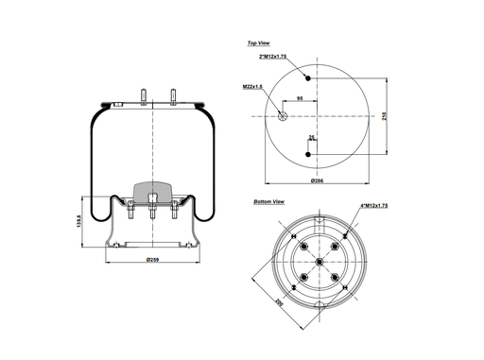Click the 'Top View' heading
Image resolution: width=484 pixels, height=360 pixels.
click(x=259, y=43)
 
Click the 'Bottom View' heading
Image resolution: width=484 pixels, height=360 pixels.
click(x=269, y=202)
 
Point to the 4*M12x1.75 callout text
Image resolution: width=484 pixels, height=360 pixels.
click(x=376, y=206)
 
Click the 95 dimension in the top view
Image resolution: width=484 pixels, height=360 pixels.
click(x=300, y=98)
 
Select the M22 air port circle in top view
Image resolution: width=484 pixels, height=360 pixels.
click(x=284, y=115)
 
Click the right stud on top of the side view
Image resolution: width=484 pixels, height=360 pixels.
click(x=173, y=95)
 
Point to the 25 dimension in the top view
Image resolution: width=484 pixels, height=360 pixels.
click(x=311, y=138)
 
